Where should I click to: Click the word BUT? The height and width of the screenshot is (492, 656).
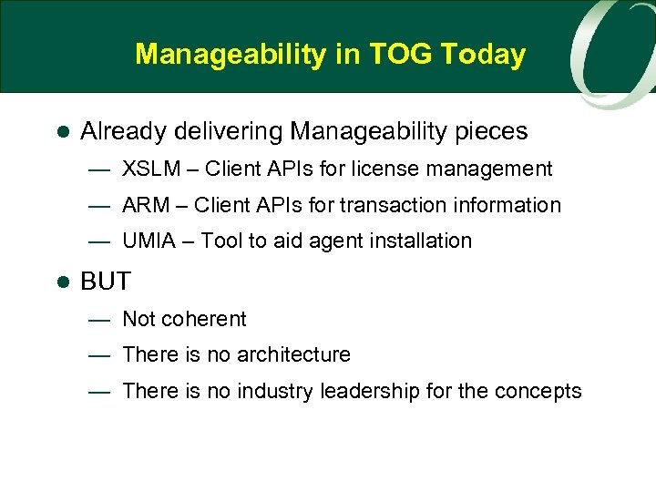pos(106,282)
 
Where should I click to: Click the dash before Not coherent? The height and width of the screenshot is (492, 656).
pos(99,320)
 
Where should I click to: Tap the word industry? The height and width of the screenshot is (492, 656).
pos(272,391)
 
